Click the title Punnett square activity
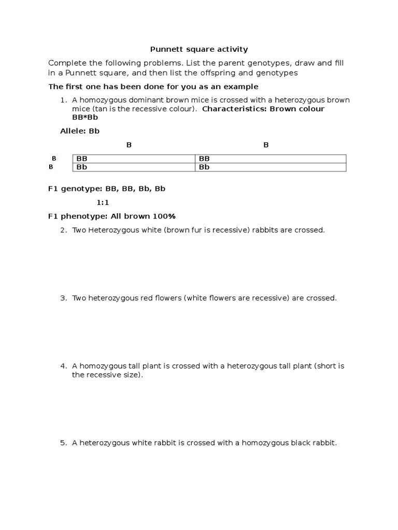[x=199, y=50]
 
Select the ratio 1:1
[x=103, y=202]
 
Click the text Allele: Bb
[x=80, y=131]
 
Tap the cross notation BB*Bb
[x=85, y=117]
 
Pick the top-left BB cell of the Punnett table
[x=82, y=158]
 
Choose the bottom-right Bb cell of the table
[x=204, y=167]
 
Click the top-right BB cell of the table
[x=204, y=158]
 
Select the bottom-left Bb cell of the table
[x=82, y=167]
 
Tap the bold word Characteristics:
[x=234, y=109]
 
